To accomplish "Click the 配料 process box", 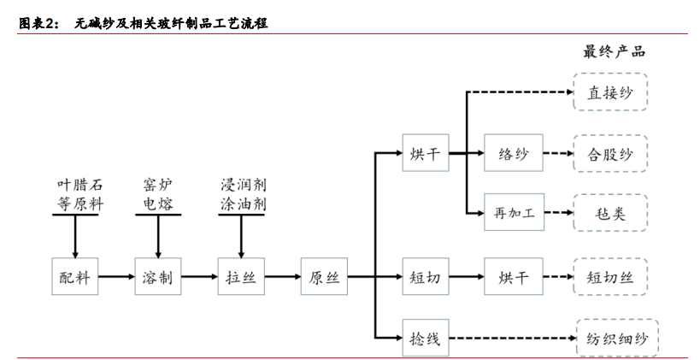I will point(74,277).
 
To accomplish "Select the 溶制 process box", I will point(158,277).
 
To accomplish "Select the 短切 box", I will point(425,277).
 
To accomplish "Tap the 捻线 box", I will point(425,339).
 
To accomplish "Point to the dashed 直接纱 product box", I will point(610,91).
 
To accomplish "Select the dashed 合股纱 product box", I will point(610,155).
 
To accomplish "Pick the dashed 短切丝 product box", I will point(610,277).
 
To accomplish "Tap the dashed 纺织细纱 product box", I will point(610,339).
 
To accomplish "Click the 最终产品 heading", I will point(613,51).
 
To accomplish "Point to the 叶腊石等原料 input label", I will point(74,192).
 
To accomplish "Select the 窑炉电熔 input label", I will point(158,192).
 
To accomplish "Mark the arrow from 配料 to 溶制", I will point(116,277).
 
